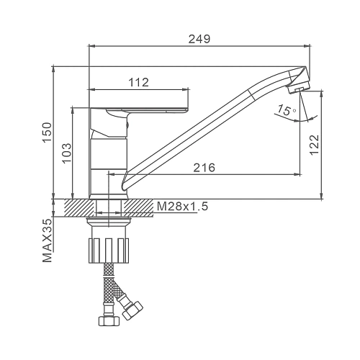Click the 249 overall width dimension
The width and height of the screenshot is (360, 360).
point(199,39)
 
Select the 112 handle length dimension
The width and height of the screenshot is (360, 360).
point(139,83)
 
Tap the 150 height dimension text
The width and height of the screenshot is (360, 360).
point(48,132)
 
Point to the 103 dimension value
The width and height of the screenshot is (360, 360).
point(67,153)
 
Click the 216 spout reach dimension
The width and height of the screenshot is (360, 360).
point(204,168)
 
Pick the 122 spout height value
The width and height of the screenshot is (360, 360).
point(315,145)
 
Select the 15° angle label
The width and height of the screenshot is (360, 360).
point(287,110)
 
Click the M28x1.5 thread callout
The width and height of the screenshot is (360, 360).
point(182,207)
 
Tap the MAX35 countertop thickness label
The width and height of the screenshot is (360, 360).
point(48,240)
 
